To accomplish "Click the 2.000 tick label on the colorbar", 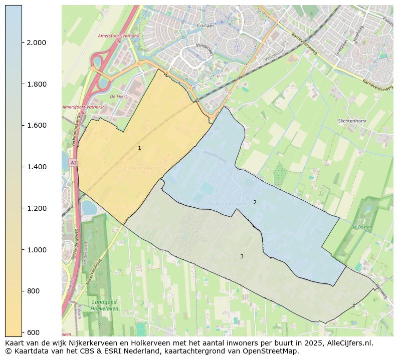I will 36,43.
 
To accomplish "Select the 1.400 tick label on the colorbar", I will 36,167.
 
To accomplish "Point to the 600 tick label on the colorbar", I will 34,332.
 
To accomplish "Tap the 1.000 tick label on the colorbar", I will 36,250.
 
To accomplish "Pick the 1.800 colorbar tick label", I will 36,84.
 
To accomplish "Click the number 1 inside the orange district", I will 139,148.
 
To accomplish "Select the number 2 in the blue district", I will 255,202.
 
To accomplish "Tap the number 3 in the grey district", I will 242,256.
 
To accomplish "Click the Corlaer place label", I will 206,26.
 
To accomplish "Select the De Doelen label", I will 360,227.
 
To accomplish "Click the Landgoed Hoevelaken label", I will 104,305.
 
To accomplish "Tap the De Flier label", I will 118,96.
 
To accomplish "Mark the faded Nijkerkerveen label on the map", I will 227,204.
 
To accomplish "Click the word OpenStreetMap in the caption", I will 273,351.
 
